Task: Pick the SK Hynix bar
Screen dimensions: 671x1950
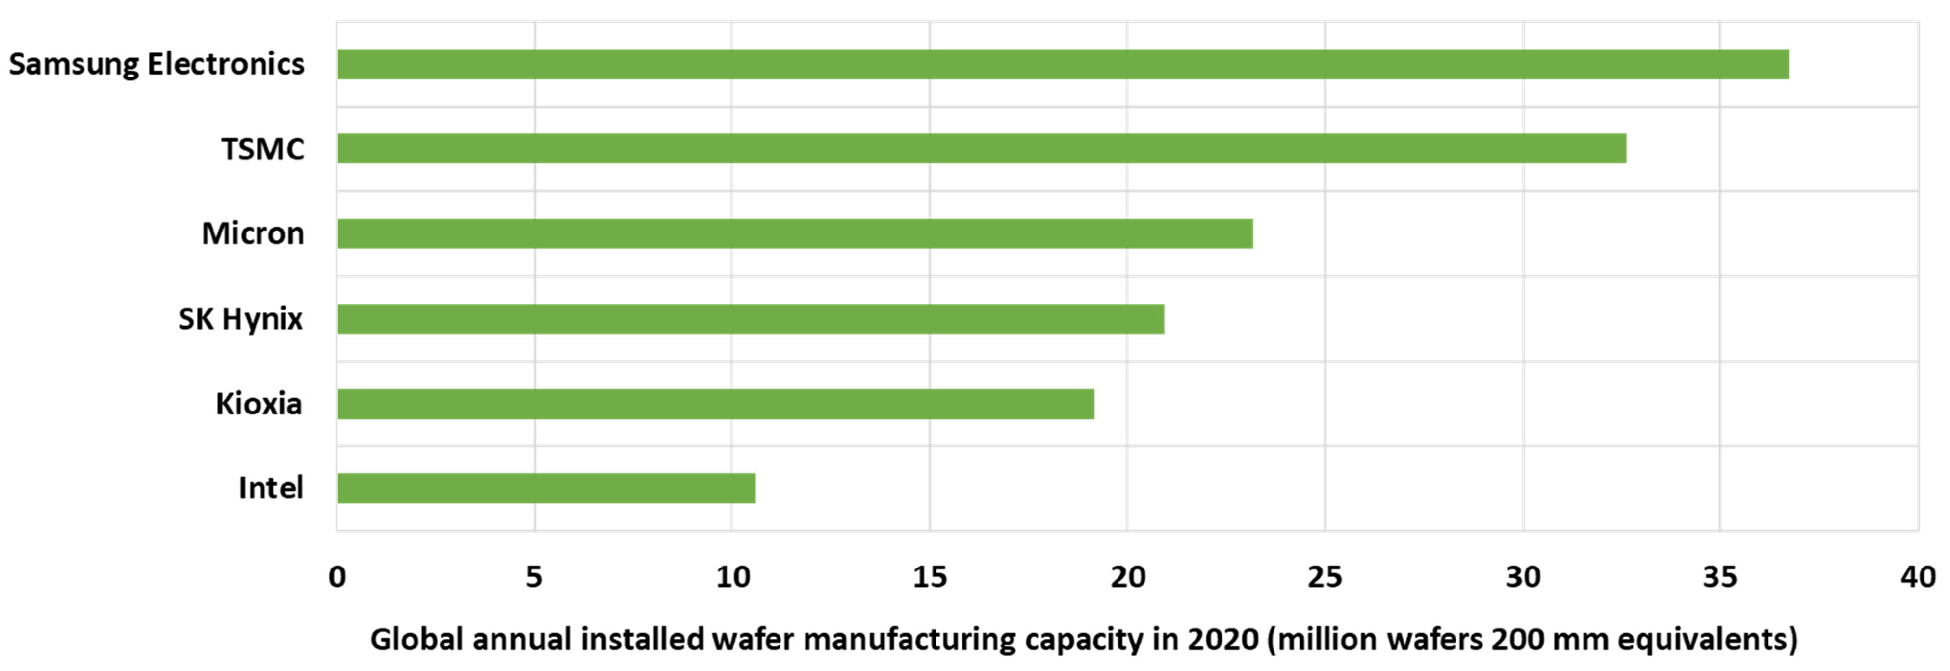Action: pyautogui.click(x=750, y=318)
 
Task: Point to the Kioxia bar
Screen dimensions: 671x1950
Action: pyautogui.click(x=715, y=404)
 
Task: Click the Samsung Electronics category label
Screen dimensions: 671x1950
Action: pyautogui.click(x=156, y=64)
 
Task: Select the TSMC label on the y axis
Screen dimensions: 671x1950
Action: pyautogui.click(x=262, y=149)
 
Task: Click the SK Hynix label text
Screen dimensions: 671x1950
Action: pyautogui.click(x=240, y=318)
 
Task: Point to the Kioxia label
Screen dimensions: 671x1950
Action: pyautogui.click(x=259, y=404)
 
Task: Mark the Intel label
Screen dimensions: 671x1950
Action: pyautogui.click(x=270, y=488)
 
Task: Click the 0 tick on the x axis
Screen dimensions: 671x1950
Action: pyautogui.click(x=337, y=577)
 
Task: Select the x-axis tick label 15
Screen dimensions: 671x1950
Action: pyautogui.click(x=930, y=577)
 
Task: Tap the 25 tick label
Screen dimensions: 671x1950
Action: pyautogui.click(x=1325, y=577)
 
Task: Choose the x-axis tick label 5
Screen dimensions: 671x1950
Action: pyautogui.click(x=534, y=577)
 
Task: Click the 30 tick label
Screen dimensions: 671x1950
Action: pyautogui.click(x=1522, y=577)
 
